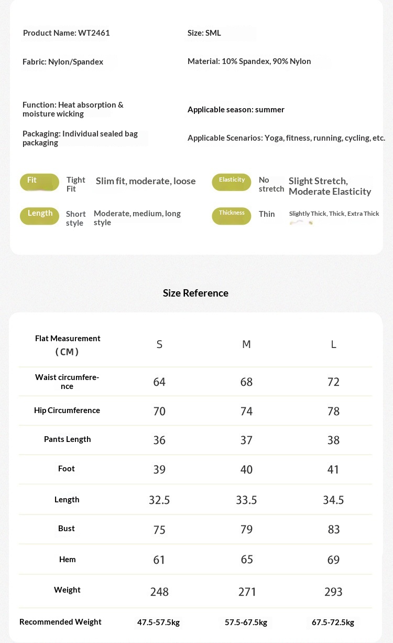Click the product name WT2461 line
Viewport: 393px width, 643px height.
[x=67, y=33]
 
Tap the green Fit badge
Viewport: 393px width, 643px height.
[x=39, y=182]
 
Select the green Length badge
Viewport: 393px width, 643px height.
[x=39, y=215]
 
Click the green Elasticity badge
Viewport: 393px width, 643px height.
[x=232, y=182]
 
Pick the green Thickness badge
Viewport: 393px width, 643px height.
[x=232, y=215]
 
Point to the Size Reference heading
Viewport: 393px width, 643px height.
[x=195, y=293]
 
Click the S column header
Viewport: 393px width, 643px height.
[x=159, y=344]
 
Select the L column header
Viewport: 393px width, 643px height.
[x=333, y=344]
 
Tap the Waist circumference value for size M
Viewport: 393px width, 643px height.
[x=246, y=382]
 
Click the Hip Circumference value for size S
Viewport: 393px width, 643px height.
[x=159, y=411]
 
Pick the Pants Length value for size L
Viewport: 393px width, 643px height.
[x=333, y=440]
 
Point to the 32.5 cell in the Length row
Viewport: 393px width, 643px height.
[x=159, y=500]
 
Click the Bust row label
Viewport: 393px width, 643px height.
[x=67, y=529]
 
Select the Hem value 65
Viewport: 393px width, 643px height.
[x=247, y=560]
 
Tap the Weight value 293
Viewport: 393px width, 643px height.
[x=333, y=592]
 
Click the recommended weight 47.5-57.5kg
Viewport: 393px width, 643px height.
[x=158, y=623]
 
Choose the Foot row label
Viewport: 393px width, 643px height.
[x=67, y=469]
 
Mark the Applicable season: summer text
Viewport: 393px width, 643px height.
[x=236, y=110]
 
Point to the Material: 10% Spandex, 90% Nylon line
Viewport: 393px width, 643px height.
[x=249, y=61]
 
